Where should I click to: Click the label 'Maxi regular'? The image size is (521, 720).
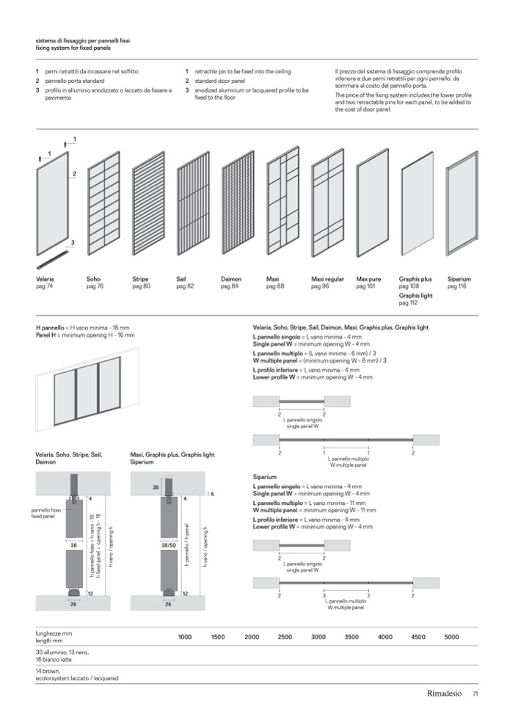click(327, 280)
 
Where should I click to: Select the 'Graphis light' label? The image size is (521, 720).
click(416, 295)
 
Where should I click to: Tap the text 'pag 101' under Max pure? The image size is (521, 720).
click(365, 286)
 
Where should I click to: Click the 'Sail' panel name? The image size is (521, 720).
click(181, 280)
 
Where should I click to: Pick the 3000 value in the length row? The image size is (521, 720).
click(318, 637)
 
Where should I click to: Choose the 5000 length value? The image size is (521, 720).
click(451, 637)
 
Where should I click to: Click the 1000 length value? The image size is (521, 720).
click(185, 637)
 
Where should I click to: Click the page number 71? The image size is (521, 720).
click(476, 694)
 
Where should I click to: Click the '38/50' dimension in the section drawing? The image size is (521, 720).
click(168, 545)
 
